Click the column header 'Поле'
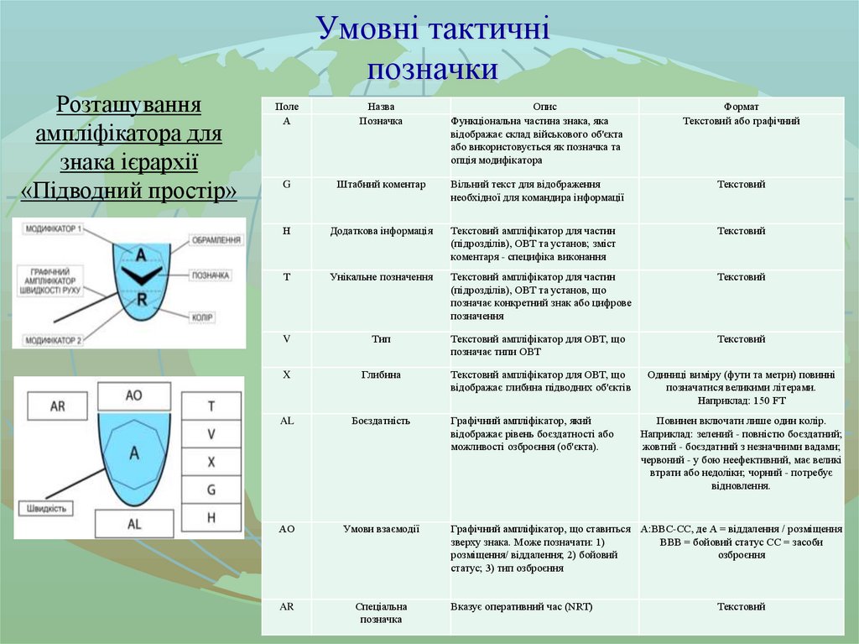point(286,107)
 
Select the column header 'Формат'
point(742,107)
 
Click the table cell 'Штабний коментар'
point(381,185)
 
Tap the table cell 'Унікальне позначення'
point(381,276)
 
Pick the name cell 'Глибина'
point(381,374)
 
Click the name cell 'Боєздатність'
point(381,421)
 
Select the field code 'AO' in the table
point(286,529)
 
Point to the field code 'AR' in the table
point(286,606)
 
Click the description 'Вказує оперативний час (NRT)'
point(521,606)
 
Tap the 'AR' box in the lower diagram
point(58,406)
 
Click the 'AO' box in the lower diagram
point(133,395)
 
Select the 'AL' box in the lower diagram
point(133,524)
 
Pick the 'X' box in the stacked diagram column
point(211,462)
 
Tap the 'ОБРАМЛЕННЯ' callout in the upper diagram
point(217,240)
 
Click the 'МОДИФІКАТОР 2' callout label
point(54,340)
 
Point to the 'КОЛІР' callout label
point(204,317)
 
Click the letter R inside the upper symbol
point(142,299)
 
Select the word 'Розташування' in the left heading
point(128,106)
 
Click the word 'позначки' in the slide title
point(432,69)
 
